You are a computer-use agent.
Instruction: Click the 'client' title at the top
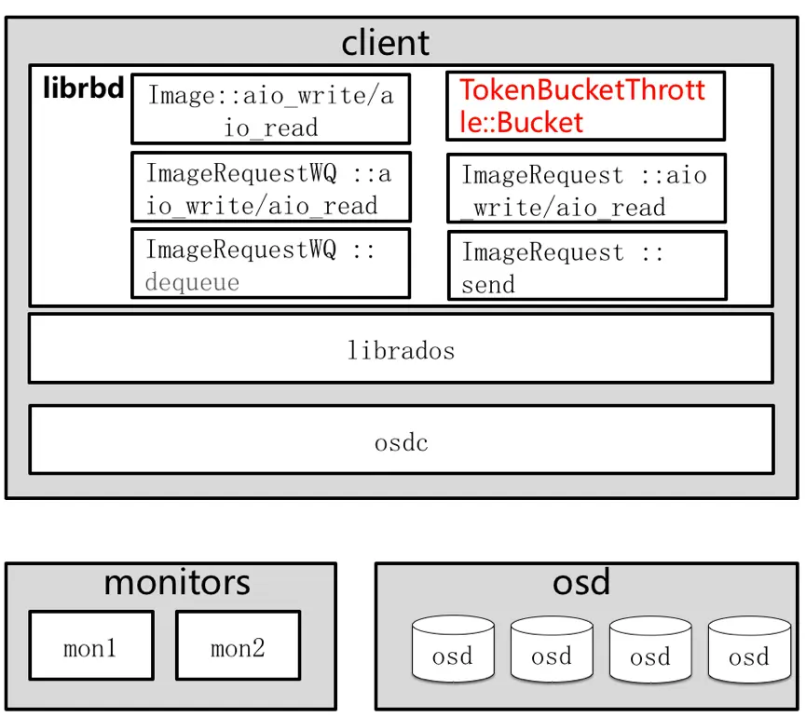click(x=385, y=42)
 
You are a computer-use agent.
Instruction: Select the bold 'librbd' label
click(x=83, y=90)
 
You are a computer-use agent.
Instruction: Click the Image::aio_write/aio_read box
click(x=270, y=109)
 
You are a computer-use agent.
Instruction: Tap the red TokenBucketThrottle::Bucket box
click(x=585, y=105)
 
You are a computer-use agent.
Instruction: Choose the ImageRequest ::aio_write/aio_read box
click(x=585, y=189)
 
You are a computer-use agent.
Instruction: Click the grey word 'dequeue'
click(x=192, y=282)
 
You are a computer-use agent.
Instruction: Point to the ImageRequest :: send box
click(x=587, y=266)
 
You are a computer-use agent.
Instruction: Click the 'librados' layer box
click(x=401, y=349)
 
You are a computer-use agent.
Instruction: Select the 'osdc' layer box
click(x=401, y=441)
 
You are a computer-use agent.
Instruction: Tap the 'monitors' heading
click(x=177, y=582)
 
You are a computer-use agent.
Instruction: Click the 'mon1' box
click(x=90, y=646)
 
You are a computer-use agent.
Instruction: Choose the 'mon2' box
click(x=238, y=646)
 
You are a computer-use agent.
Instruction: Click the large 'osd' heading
click(x=581, y=582)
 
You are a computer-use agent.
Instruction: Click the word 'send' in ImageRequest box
click(x=488, y=283)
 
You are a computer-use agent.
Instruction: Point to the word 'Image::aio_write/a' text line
click(x=270, y=95)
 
